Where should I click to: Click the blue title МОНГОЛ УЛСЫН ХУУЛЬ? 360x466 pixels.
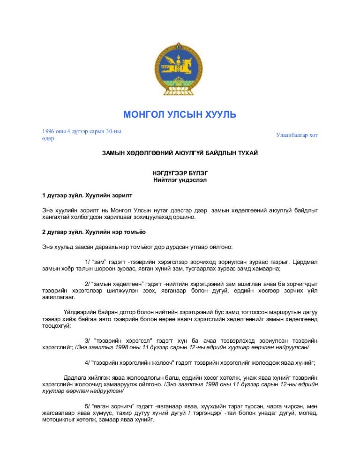[x=180, y=114]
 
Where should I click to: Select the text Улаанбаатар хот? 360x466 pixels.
[x=297, y=135]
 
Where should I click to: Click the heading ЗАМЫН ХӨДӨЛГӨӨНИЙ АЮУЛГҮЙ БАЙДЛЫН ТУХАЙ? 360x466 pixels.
[x=180, y=154]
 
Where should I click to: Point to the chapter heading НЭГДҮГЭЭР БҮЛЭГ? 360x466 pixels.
[x=180, y=173]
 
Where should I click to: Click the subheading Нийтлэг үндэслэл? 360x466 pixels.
[x=180, y=180]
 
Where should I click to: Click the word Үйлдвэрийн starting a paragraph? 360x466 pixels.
[x=79, y=312]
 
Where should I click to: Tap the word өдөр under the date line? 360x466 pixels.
[x=48, y=139]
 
